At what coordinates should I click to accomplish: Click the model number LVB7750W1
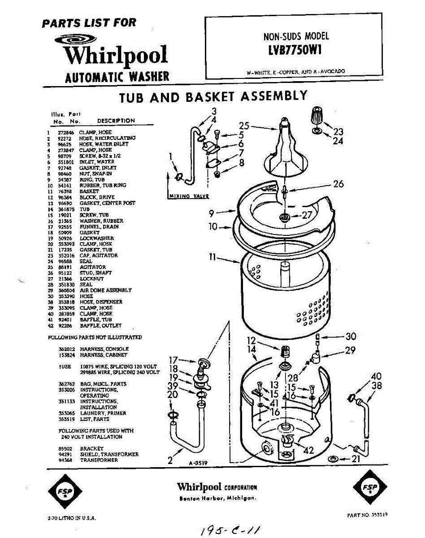click(x=293, y=50)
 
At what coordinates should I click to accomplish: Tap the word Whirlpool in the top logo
click(x=115, y=55)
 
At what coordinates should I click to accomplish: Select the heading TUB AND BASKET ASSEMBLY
click(x=213, y=96)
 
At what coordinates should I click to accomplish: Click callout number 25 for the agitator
click(x=243, y=126)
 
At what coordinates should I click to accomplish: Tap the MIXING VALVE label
click(x=188, y=196)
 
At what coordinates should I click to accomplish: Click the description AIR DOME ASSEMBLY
click(x=106, y=290)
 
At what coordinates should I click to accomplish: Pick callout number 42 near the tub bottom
click(x=308, y=451)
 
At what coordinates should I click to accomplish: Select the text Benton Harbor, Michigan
click(x=217, y=499)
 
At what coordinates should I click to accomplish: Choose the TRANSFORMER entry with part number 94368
click(x=99, y=460)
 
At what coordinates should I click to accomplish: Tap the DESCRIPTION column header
click(x=116, y=121)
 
